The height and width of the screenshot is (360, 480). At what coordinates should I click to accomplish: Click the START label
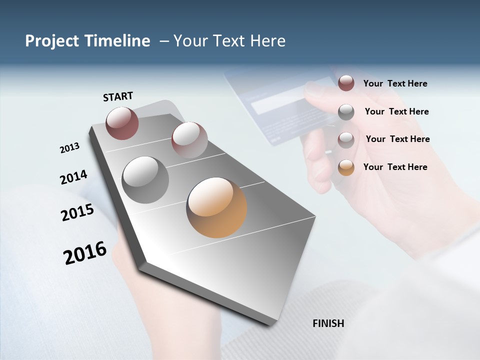pyautogui.click(x=118, y=96)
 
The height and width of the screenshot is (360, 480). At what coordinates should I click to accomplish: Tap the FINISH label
pyautogui.click(x=328, y=323)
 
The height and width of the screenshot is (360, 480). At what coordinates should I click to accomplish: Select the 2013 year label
pyautogui.click(x=69, y=148)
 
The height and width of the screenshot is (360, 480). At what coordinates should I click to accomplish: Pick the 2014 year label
pyautogui.click(x=73, y=177)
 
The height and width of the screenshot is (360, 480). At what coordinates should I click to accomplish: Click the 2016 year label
pyautogui.click(x=85, y=253)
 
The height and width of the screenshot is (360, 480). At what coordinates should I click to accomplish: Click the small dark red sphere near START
pyautogui.click(x=122, y=123)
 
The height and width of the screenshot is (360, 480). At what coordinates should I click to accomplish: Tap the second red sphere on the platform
pyautogui.click(x=189, y=140)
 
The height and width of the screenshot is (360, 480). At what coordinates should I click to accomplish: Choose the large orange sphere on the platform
pyautogui.click(x=216, y=207)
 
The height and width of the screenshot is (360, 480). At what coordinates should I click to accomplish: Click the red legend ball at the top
pyautogui.click(x=346, y=83)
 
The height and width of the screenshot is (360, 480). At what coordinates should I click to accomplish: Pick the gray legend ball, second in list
pyautogui.click(x=346, y=112)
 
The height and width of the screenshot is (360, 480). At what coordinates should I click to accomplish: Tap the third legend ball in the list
pyautogui.click(x=346, y=139)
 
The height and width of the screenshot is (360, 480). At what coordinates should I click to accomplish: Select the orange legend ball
pyautogui.click(x=346, y=167)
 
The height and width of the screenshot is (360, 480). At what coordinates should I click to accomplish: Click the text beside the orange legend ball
pyautogui.click(x=395, y=167)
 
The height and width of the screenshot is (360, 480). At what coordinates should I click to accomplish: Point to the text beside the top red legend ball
pyautogui.click(x=395, y=83)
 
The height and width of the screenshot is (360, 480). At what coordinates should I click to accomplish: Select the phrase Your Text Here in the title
pyautogui.click(x=229, y=41)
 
